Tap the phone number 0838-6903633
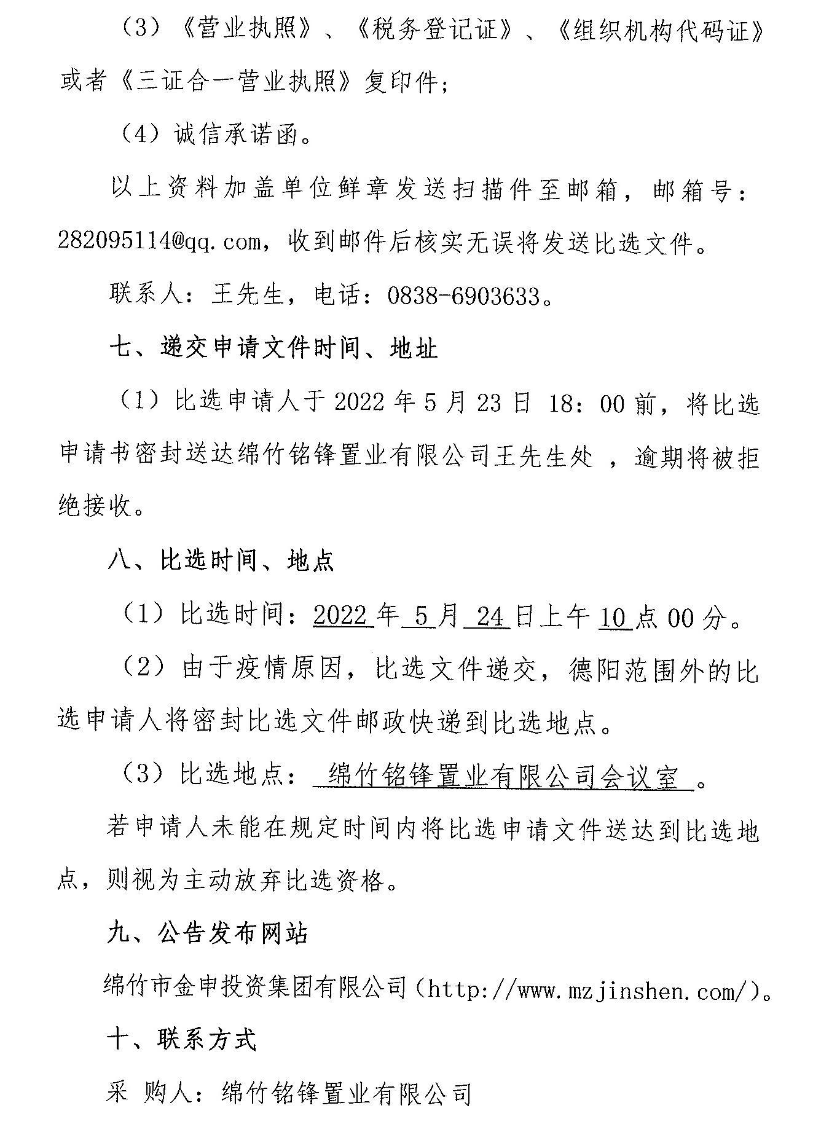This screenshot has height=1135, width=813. [463, 296]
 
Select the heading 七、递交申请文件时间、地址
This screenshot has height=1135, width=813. [273, 349]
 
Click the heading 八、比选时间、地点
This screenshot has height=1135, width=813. [221, 561]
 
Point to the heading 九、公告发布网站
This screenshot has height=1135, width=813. [207, 933]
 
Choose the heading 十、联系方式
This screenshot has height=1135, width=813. [181, 1040]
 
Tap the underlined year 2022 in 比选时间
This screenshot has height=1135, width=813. [343, 616]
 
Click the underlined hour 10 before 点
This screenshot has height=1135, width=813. [615, 616]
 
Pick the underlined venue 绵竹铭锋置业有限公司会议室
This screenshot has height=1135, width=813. [503, 777]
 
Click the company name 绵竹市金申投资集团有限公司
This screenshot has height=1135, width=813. [256, 988]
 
